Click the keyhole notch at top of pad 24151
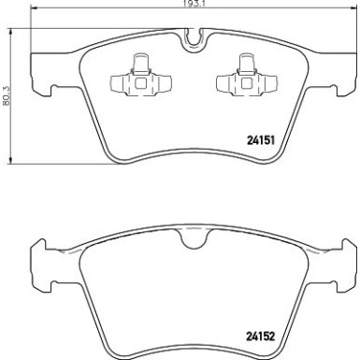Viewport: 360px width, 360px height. pyautogui.click(x=194, y=39)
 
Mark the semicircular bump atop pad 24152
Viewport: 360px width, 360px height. pyautogui.click(x=194, y=240)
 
